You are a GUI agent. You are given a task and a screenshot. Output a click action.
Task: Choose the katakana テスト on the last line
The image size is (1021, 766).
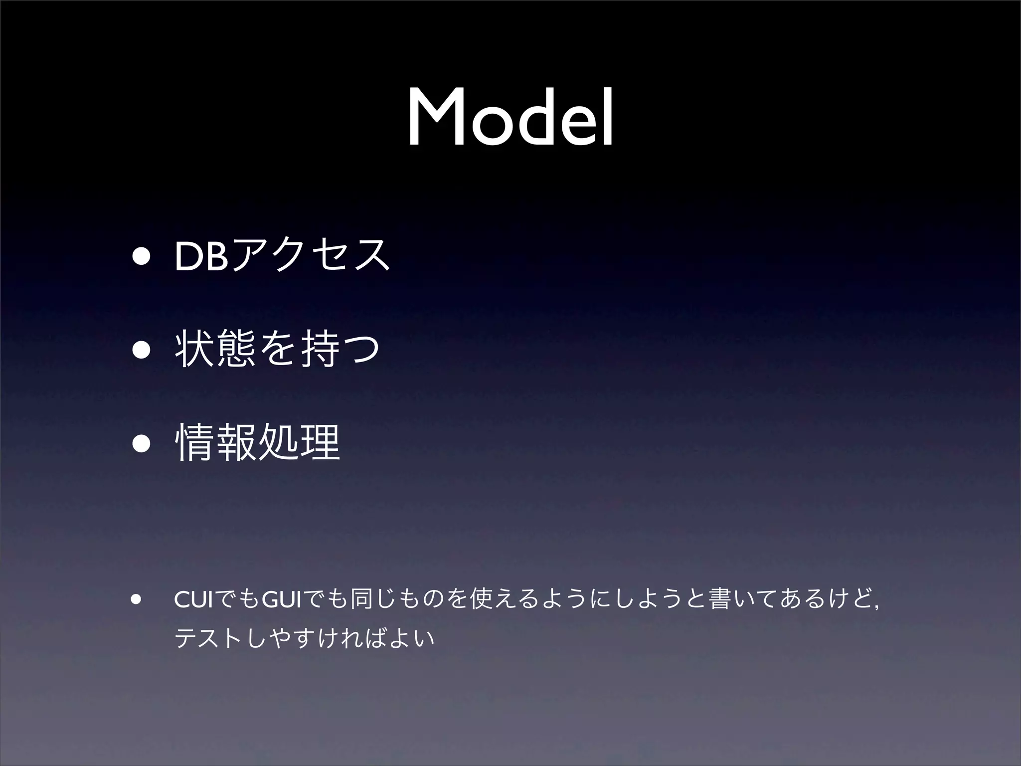pyautogui.click(x=209, y=639)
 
